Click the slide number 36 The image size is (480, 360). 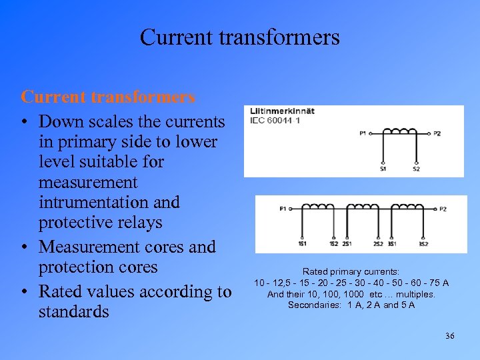click(449, 335)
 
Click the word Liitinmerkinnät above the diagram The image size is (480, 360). click(282, 111)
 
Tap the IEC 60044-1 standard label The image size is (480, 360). click(275, 121)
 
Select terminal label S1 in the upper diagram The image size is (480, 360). click(383, 169)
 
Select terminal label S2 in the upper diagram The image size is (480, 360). click(416, 169)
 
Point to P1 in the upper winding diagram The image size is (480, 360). click(363, 133)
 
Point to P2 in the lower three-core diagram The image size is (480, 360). click(443, 209)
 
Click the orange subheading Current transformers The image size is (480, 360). click(108, 97)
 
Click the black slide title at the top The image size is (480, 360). click(240, 37)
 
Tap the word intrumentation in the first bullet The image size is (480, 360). click(109, 201)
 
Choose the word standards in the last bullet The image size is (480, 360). click(74, 311)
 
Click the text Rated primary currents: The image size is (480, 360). click(351, 272)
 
